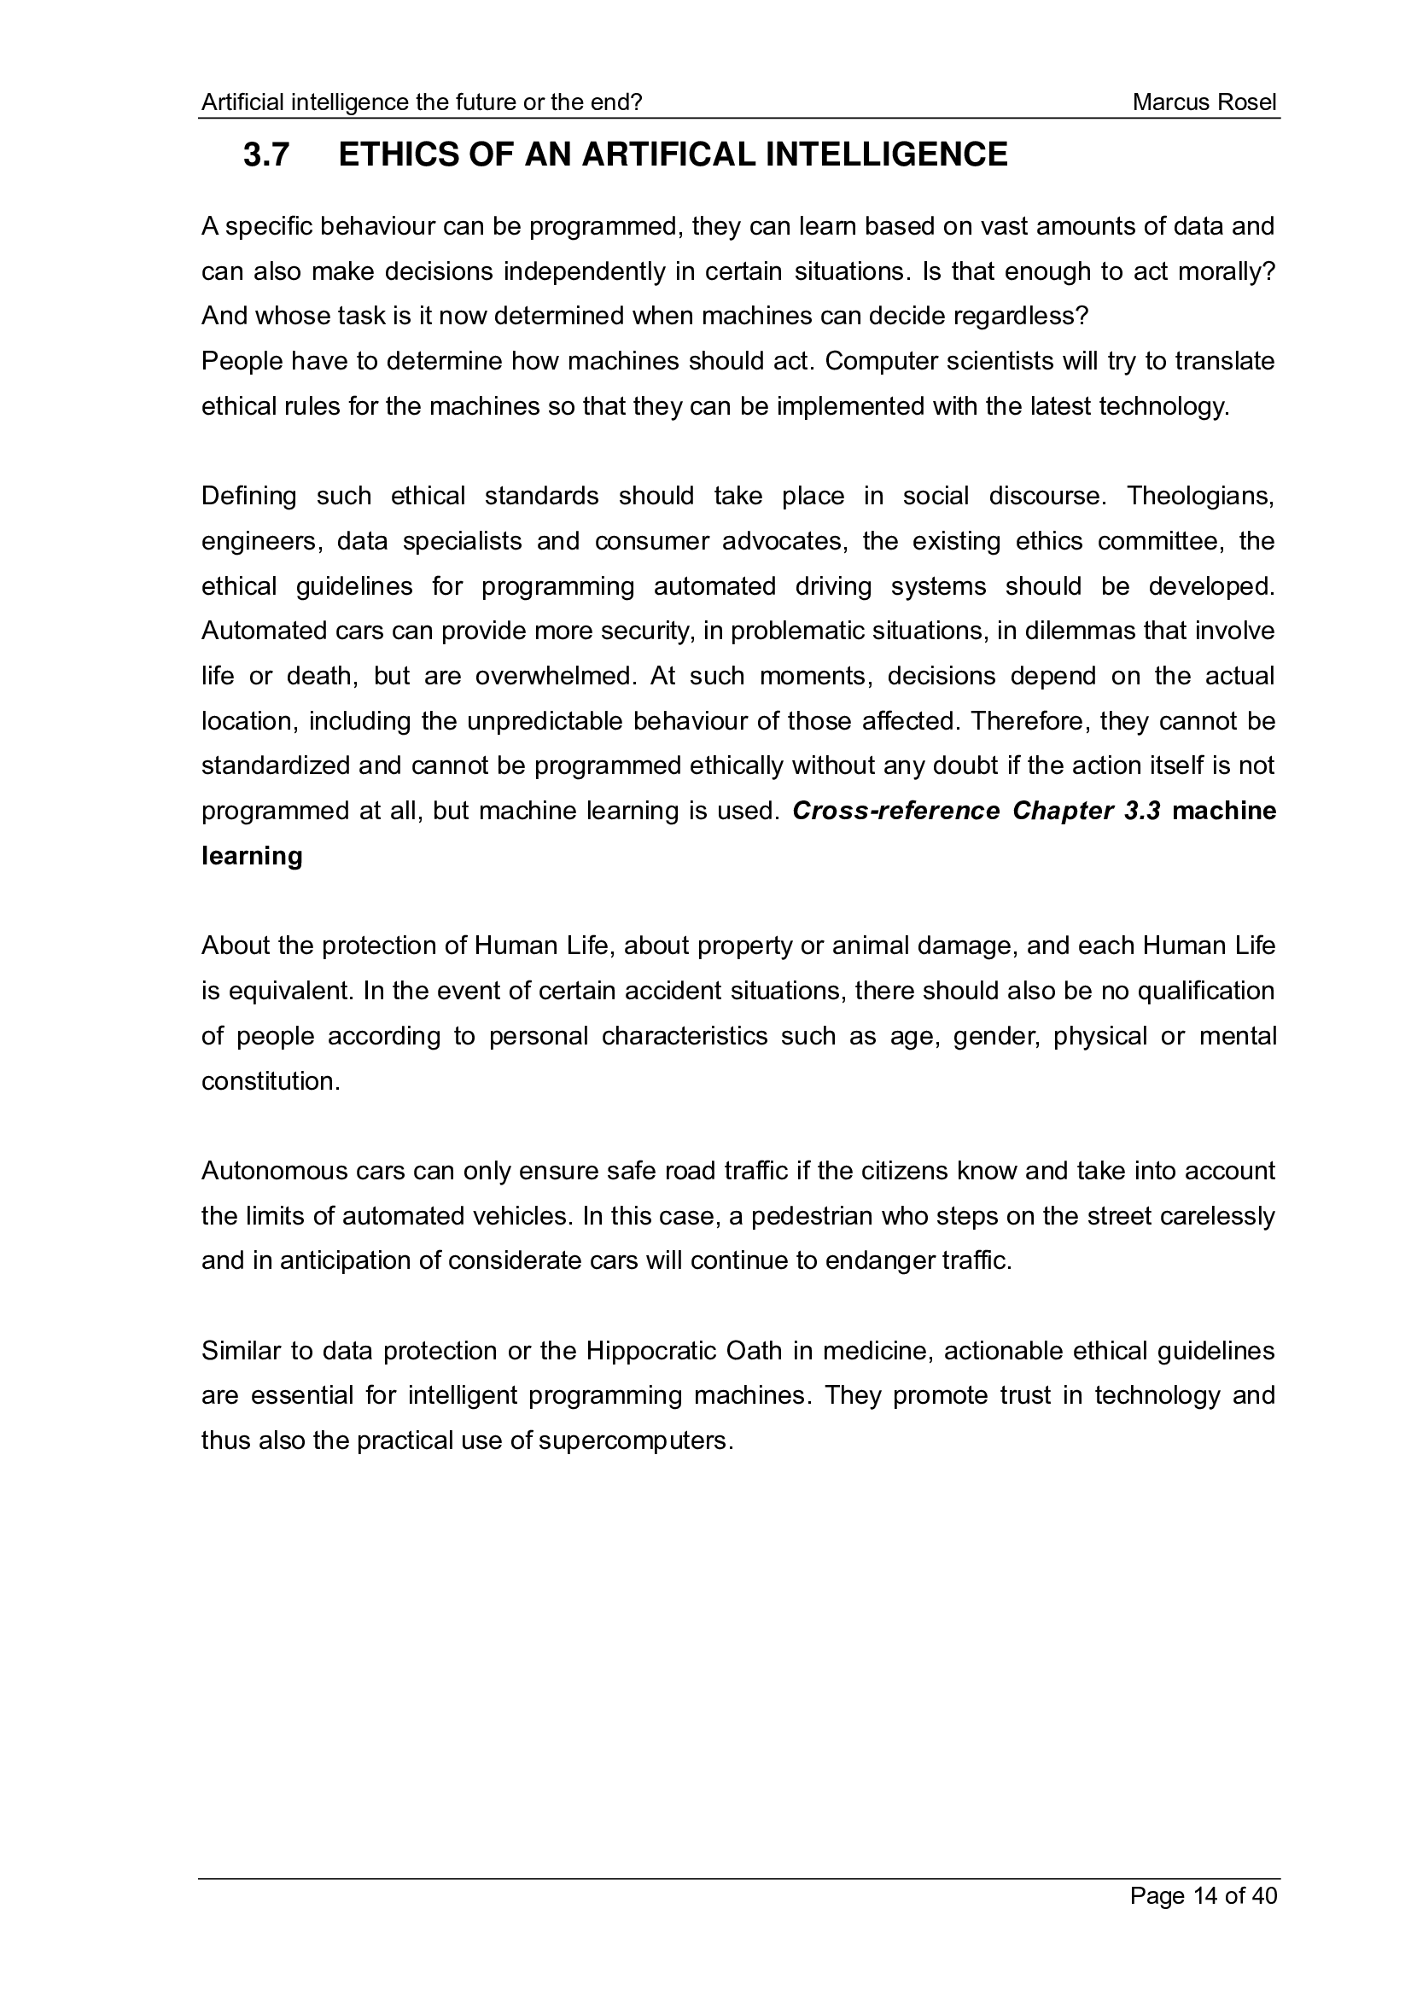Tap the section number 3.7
tap(266, 154)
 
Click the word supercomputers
tap(636, 1440)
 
